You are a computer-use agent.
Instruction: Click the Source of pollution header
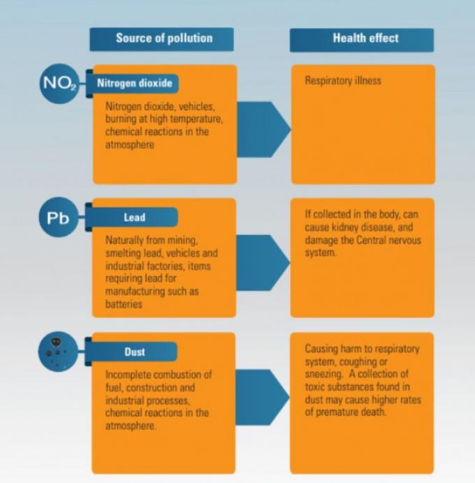point(161,39)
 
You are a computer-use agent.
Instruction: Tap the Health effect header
point(362,40)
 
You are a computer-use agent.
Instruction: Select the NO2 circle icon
point(59,83)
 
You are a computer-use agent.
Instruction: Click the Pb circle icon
point(59,217)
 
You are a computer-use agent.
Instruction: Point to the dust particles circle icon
point(58,352)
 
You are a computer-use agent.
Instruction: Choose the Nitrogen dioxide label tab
point(133,83)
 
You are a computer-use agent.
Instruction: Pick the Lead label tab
point(132,217)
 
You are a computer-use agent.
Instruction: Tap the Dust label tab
point(131,352)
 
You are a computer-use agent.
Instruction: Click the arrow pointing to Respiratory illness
point(263,129)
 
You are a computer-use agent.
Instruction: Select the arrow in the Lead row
point(263,263)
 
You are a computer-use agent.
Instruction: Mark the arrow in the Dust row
point(262,397)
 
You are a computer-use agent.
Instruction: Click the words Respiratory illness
point(343,80)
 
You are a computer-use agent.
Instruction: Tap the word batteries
point(124,304)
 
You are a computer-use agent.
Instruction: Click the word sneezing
point(323,375)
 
